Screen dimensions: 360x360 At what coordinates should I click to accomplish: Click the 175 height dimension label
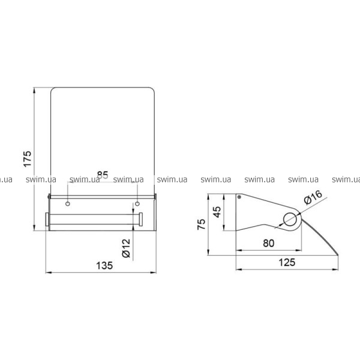pos(28,159)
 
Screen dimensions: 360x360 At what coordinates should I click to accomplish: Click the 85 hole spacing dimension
pos(103,175)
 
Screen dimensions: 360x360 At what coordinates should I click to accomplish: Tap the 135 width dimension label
pos(104,266)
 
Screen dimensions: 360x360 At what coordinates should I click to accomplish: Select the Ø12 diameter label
pos(126,248)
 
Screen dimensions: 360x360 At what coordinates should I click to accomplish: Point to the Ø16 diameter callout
pos(313,197)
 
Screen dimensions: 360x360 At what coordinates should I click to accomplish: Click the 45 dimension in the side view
pos(217,212)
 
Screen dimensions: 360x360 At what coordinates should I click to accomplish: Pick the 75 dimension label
pos(202,224)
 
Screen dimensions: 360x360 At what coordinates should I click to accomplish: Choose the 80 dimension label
pos(269,243)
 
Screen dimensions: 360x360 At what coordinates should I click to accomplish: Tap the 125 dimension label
pos(287,262)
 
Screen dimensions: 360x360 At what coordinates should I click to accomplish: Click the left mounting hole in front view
pos(68,203)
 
